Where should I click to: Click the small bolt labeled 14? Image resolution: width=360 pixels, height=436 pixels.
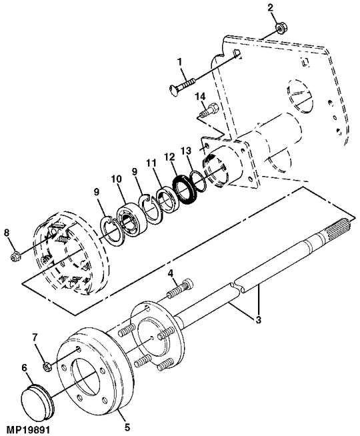coord(209,110)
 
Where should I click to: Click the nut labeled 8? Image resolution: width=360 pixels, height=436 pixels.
coord(15,255)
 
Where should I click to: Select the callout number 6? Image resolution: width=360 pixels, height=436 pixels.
coord(25,367)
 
